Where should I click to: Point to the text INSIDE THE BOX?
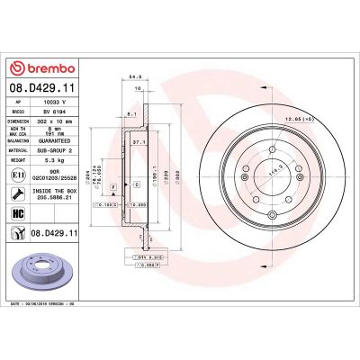tap(60, 193)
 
